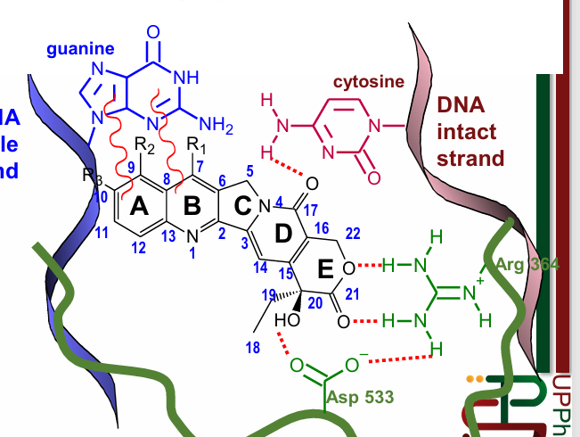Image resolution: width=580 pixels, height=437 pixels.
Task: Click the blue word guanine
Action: (x=81, y=48)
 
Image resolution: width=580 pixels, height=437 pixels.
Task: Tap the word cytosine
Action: (x=364, y=82)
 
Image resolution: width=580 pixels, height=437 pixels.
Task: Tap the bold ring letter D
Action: (x=282, y=235)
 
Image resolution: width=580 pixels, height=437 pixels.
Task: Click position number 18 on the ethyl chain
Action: (x=254, y=348)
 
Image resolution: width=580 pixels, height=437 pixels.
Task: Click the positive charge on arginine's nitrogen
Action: (x=482, y=281)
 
